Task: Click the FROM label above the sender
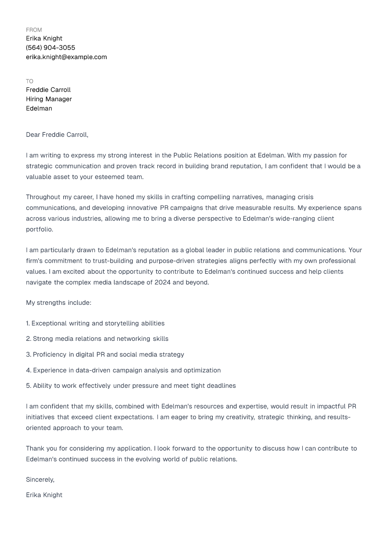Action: click(34, 30)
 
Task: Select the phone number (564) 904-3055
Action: click(50, 48)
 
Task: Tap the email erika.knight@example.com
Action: click(66, 57)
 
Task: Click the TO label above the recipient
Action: click(30, 81)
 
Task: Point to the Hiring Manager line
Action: click(49, 99)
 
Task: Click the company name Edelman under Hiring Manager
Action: click(39, 108)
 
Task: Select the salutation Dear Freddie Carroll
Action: click(57, 135)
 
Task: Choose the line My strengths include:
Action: click(58, 303)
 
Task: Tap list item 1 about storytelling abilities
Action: click(95, 323)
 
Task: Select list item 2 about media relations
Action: click(97, 339)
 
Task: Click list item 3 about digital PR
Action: click(105, 355)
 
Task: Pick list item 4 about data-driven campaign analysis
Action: click(123, 370)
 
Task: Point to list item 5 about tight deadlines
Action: click(131, 386)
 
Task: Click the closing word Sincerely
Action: click(40, 480)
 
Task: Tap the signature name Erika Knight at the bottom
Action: click(44, 495)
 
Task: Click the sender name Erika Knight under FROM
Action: click(44, 38)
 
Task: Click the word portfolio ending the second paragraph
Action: click(39, 230)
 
